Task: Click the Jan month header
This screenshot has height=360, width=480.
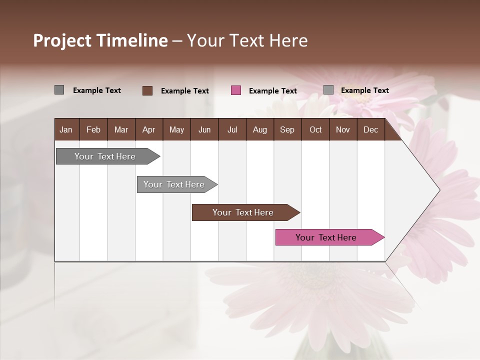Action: point(66,130)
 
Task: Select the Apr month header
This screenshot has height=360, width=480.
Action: point(149,130)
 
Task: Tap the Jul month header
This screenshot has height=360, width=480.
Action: point(232,130)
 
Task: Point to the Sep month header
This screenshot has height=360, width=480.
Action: point(287,130)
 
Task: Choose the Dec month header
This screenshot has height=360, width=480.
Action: point(370,130)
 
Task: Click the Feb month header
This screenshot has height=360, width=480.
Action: point(93,130)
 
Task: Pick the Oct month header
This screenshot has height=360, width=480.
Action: point(315,130)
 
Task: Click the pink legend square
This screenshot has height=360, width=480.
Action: point(236,90)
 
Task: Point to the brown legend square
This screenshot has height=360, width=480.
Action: point(147,90)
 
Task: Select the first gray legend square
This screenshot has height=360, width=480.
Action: point(59,90)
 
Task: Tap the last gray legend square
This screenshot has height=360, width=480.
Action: point(328,90)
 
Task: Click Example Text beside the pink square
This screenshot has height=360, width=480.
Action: point(272,91)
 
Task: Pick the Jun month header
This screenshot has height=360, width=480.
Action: point(204,130)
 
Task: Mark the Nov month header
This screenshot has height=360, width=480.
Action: point(343,130)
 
